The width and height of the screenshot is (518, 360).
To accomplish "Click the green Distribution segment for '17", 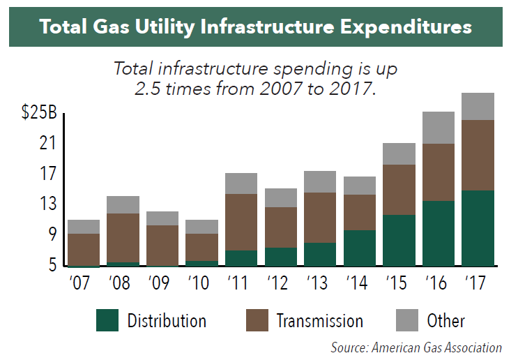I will [478, 228].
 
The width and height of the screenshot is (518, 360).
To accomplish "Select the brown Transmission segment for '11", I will [242, 222].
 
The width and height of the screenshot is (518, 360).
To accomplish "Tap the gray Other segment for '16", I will [438, 128].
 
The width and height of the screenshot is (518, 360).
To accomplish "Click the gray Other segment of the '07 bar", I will [84, 227].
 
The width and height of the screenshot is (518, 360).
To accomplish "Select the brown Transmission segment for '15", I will [399, 190].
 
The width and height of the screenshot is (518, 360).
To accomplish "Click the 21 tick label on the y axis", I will [47, 144].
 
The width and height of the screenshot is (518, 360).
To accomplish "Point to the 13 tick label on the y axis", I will [47, 204].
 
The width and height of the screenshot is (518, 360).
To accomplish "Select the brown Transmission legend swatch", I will [257, 320].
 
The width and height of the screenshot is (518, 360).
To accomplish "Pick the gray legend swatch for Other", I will [406, 320].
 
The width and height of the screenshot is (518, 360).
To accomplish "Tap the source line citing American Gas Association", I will [416, 347].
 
